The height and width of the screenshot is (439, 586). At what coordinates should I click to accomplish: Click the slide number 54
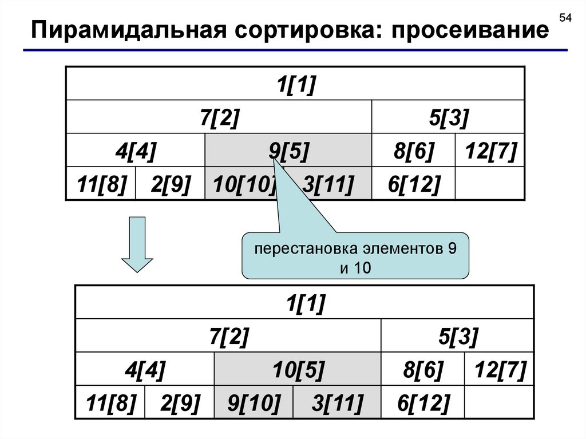[565, 19]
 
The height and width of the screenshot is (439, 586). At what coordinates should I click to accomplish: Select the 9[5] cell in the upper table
[288, 151]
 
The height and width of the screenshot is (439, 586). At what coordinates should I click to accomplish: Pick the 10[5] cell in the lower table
[297, 370]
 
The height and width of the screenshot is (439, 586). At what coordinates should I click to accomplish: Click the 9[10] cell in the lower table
[254, 403]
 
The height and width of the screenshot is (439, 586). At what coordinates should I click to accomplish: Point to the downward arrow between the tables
[137, 243]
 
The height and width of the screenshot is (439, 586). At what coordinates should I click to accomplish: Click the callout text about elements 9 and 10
[355, 258]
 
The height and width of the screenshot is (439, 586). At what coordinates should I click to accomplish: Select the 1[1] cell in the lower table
[305, 303]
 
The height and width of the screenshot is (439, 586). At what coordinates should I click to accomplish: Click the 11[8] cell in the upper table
[102, 184]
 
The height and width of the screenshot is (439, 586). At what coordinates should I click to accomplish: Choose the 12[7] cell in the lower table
[496, 370]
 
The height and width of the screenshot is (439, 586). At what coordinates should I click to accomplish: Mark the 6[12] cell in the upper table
[413, 184]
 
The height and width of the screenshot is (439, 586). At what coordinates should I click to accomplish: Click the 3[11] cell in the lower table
[336, 403]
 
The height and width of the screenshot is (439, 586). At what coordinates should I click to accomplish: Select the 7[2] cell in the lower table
[228, 337]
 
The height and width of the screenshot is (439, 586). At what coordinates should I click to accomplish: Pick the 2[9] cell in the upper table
[170, 184]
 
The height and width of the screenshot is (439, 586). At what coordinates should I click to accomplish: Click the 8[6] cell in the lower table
[422, 370]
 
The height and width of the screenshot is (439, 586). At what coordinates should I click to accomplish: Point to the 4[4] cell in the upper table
[136, 151]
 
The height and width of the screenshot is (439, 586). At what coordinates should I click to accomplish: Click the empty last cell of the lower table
[496, 403]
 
